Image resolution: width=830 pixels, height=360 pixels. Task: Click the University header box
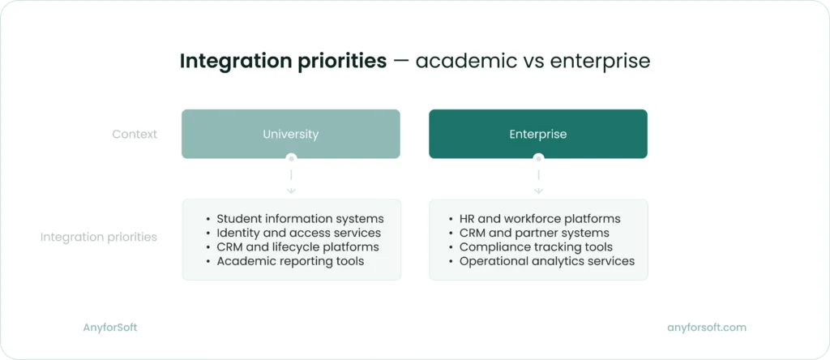[x=290, y=134]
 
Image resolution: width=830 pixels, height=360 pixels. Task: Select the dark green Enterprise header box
[x=537, y=134]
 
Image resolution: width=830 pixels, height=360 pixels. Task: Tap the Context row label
[x=135, y=134]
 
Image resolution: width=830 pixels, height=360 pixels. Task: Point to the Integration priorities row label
[x=99, y=238]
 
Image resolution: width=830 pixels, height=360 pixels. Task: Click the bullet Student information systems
[x=300, y=219]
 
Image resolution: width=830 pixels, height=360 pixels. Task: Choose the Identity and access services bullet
[x=298, y=234]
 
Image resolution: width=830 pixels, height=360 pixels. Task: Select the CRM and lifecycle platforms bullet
[x=297, y=247]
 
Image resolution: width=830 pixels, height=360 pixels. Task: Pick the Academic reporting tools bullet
[x=290, y=261]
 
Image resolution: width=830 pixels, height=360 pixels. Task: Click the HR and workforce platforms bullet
[x=540, y=219]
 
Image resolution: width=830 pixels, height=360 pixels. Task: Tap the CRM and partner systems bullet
[x=534, y=234]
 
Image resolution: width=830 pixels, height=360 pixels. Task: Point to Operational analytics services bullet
[x=547, y=261]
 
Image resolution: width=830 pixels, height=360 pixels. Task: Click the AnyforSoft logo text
[x=110, y=328]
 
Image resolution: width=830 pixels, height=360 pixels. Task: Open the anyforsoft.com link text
[x=706, y=328]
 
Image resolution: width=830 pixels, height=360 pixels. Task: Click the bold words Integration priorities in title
[x=283, y=62]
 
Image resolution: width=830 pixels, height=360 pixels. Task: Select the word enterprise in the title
[x=601, y=62]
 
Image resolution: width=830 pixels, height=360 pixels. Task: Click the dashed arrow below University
[x=291, y=182]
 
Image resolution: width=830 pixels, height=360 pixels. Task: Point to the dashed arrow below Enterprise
[x=538, y=182]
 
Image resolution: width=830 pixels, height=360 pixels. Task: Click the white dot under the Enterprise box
[x=538, y=158]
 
